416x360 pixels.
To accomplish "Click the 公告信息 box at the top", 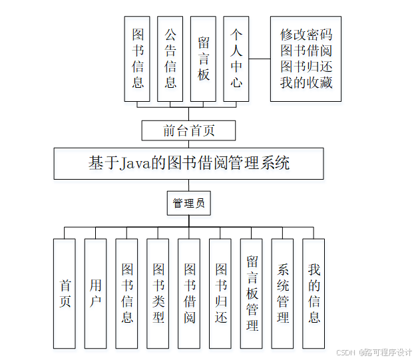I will point(170,59).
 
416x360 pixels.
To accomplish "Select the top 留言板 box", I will point(204,59).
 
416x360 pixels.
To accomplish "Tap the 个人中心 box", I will point(236,59).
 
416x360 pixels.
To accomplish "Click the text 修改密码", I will point(306,35).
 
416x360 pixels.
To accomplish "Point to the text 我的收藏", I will point(306,83).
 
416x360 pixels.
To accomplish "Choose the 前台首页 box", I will point(189,130).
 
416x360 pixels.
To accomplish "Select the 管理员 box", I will point(189,203).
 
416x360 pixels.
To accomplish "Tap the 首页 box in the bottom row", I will point(65,293).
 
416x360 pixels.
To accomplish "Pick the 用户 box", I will point(96,293).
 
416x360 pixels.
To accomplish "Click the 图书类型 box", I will point(158,293).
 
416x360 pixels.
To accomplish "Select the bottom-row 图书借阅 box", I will point(189,293).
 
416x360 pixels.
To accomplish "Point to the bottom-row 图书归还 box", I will point(220,293).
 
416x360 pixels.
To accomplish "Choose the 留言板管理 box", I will point(252,293).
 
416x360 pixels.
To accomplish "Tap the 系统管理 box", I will point(283,293).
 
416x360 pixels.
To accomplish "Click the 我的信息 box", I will point(313,293).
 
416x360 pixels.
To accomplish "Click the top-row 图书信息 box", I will point(138,59).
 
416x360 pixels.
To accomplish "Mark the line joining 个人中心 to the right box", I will point(260,59).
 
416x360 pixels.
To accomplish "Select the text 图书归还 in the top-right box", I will point(306,67).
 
